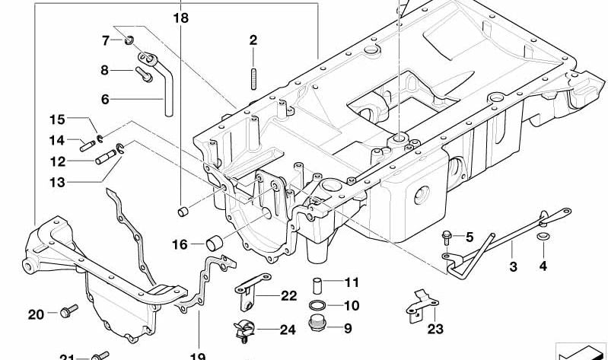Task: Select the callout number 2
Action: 253,40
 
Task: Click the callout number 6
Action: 106,98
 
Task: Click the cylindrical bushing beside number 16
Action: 215,244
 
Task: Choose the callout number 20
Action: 37,314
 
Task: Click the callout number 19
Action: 198,355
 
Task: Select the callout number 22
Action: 288,296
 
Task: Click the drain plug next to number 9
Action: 317,328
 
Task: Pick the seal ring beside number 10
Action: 317,306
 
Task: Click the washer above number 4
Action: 542,240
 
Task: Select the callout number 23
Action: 435,329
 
